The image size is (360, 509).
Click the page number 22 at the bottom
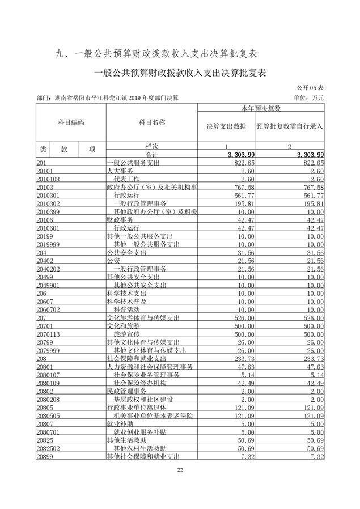[x=180, y=470]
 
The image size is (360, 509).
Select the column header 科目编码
[x=71, y=122]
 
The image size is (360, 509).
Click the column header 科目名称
[x=151, y=122]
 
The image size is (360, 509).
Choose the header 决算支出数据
[x=226, y=126]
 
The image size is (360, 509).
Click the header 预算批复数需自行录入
[x=290, y=126]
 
